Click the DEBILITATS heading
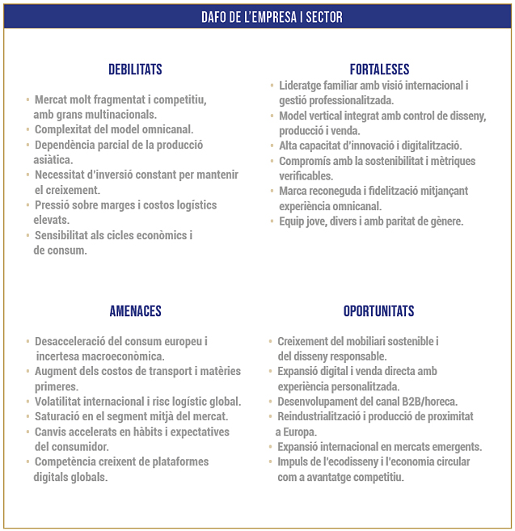point(135,70)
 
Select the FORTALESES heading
point(379,70)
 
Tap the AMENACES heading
point(135,311)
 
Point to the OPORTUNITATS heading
point(378,311)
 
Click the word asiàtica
point(53,159)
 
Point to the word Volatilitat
point(63,402)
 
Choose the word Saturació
point(60,416)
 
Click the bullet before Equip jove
point(272,221)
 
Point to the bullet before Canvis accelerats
point(27,432)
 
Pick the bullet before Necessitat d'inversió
point(27,175)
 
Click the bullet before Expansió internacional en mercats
point(270,447)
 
